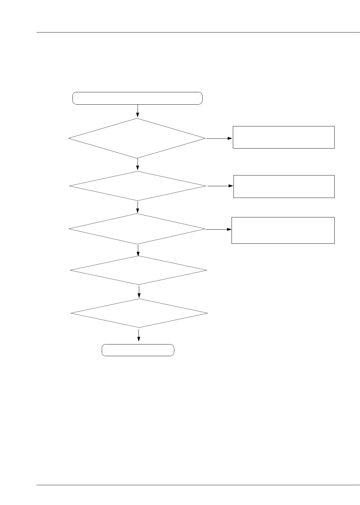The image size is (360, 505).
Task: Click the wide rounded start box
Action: [137, 98]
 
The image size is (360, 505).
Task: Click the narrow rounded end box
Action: [138, 350]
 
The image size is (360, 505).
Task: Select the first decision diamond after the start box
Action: [137, 138]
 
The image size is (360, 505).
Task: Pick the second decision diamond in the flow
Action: [138, 186]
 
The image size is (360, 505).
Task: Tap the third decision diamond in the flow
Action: [137, 229]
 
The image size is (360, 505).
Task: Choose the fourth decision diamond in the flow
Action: [139, 270]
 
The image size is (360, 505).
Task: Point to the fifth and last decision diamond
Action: [139, 313]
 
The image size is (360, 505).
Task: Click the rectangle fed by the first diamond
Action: [284, 137]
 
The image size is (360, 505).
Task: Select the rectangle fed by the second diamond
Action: [284, 186]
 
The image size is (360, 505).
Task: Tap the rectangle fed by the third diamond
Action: [283, 230]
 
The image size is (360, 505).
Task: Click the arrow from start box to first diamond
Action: [138, 111]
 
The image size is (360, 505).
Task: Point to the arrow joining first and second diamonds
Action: [138, 164]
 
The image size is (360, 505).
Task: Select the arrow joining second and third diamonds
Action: [138, 207]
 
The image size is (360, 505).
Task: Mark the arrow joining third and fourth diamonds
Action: [138, 250]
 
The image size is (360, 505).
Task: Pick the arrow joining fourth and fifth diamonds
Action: [139, 292]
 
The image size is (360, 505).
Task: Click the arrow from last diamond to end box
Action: [139, 335]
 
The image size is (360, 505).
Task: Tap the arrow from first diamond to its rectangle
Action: [219, 138]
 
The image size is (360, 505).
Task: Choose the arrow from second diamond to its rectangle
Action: [220, 186]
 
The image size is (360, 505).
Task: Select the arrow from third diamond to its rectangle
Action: [218, 229]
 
